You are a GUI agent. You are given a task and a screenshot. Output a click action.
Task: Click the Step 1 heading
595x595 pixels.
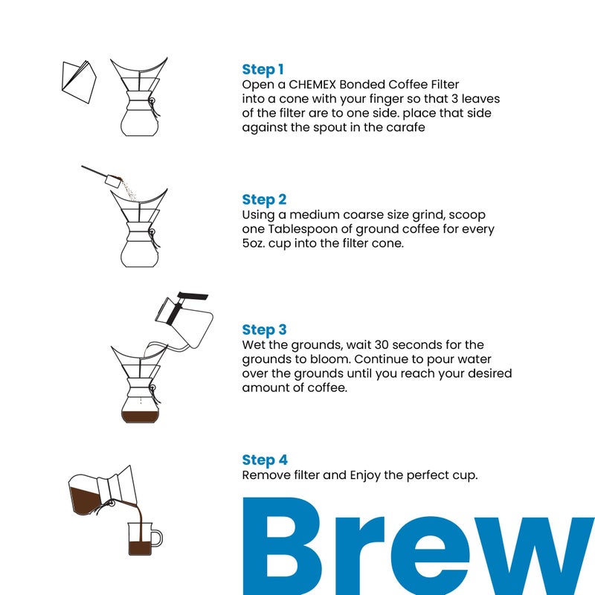[x=263, y=70]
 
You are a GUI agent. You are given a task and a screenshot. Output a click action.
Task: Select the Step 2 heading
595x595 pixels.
[x=264, y=199]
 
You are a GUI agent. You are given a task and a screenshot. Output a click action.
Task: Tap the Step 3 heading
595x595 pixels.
[x=264, y=329]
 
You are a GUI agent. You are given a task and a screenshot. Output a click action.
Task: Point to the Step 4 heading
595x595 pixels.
[x=265, y=460]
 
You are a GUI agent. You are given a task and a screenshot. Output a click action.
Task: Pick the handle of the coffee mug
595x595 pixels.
[x=157, y=537]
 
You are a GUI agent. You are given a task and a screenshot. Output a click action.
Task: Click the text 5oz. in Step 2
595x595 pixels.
[x=257, y=243]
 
